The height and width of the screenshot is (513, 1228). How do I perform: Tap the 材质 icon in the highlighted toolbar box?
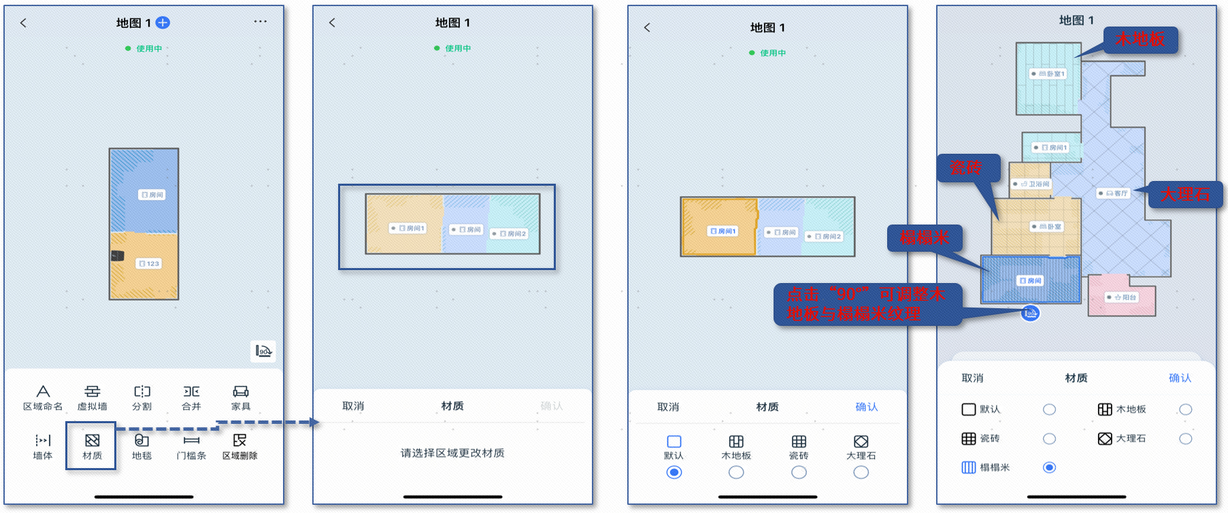tap(92, 441)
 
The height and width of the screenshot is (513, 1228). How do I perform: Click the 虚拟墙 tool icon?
tap(92, 392)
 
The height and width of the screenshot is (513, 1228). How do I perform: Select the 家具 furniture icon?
tap(241, 392)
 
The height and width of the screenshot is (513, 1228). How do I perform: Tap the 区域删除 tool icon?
tap(239, 441)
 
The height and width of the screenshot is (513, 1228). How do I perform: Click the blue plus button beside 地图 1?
tap(163, 23)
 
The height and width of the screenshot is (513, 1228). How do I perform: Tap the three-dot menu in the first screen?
tap(261, 22)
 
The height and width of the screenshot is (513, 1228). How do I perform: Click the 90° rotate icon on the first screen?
tap(263, 351)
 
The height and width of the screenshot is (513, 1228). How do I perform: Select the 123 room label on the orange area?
tap(149, 263)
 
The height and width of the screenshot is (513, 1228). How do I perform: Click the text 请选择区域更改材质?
tap(452, 453)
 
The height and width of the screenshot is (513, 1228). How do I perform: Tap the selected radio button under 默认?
tap(674, 473)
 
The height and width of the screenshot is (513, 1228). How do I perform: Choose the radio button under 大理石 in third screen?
tap(861, 473)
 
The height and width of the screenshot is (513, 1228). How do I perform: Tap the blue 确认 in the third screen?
tap(866, 407)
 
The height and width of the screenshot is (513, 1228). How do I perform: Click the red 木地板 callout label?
tap(1140, 39)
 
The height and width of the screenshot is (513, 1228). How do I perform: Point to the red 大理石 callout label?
tap(1185, 195)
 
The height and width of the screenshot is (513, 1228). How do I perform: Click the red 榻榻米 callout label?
tap(924, 238)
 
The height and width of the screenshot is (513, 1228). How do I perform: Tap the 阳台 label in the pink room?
tap(1122, 297)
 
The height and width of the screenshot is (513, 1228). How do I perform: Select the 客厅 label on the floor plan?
tap(1113, 193)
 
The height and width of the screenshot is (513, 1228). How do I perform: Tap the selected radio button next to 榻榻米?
tap(1049, 467)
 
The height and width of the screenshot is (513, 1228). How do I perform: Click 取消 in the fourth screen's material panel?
tap(972, 378)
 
